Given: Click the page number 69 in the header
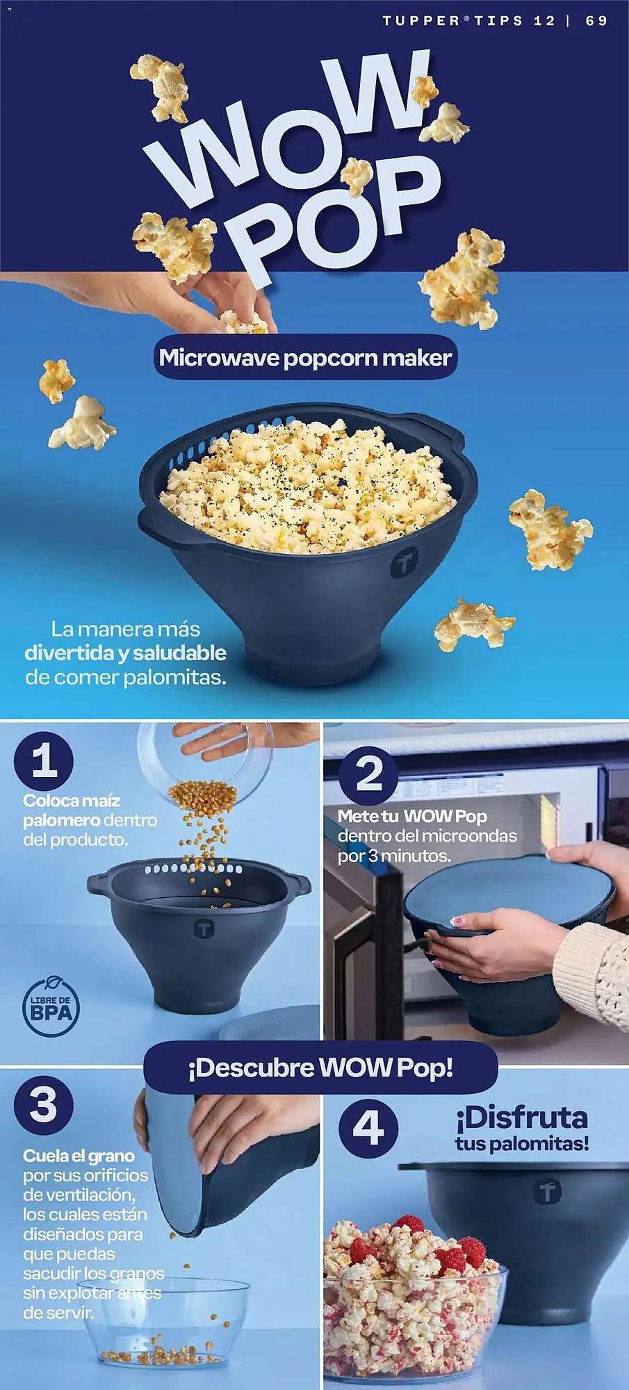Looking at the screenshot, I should (596, 20).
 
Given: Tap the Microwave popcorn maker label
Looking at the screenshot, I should (305, 358).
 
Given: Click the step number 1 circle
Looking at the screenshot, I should (44, 760).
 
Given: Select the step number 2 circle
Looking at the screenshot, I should (368, 773).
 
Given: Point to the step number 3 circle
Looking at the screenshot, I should (43, 1104).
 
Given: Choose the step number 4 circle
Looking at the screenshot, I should (368, 1127).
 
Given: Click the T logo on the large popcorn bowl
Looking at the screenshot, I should (402, 564).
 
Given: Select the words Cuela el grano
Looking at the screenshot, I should (79, 1155).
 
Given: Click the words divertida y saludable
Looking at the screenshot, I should (125, 653).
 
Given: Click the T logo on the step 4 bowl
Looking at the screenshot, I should (548, 1193).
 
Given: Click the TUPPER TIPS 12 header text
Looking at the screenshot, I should (468, 20).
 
